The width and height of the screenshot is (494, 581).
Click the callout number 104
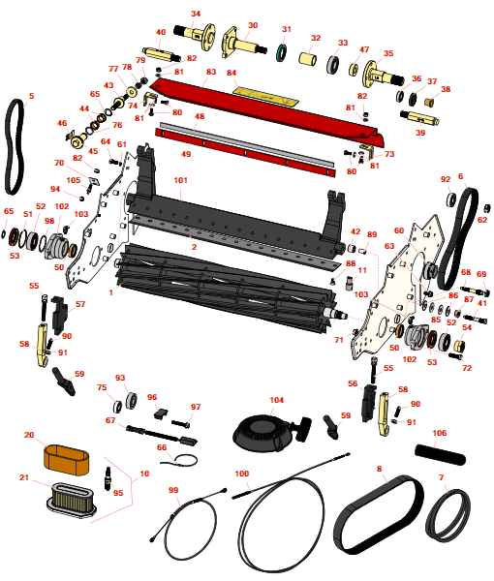pos(276,400)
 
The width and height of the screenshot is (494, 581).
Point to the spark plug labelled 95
pos(108,478)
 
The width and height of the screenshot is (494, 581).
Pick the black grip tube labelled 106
pos(440,454)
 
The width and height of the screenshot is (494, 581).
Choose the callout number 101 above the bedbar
pos(180,180)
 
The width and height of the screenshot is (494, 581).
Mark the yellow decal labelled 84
pos(266,95)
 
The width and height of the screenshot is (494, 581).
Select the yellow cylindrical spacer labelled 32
pos(308,58)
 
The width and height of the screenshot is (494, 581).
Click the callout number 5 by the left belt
pos(32,96)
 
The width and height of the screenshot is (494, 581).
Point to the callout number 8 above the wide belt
pos(379,469)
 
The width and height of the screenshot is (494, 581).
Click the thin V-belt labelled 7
pos(448,513)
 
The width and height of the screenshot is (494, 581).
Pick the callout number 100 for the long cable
pos(241,474)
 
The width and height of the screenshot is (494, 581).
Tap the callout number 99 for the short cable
pos(173,490)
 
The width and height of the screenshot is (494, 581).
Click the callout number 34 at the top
pos(196,14)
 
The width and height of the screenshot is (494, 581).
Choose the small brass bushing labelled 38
pos(429,101)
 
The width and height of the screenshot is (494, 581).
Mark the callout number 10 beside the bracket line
pos(144,474)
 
